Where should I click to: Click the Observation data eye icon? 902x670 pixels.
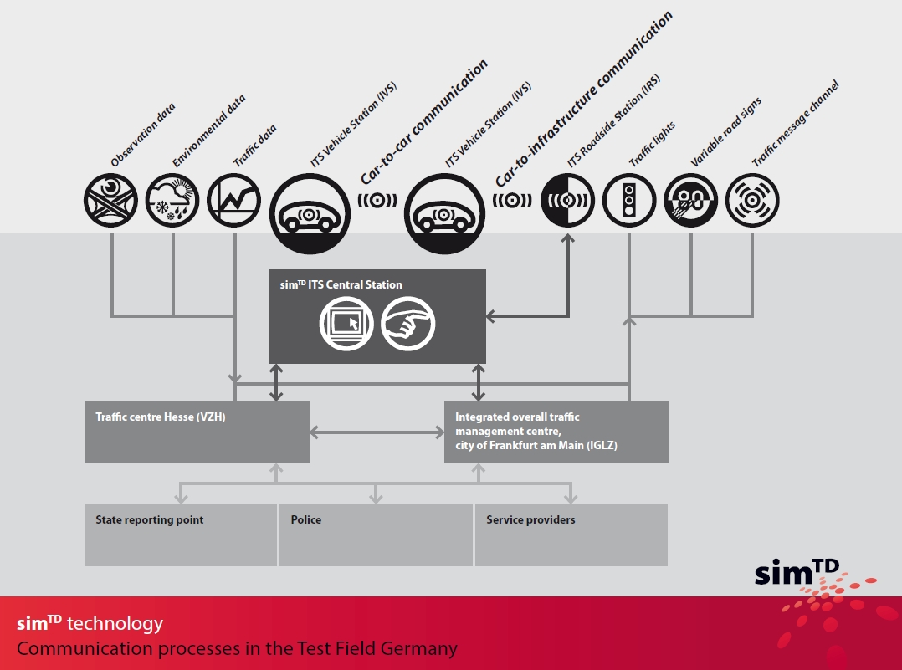pyautogui.click(x=110, y=201)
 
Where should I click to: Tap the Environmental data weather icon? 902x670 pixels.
pyautogui.click(x=172, y=201)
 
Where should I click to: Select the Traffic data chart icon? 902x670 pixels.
pyautogui.click(x=234, y=201)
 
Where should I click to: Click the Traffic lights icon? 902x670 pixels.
pyautogui.click(x=628, y=201)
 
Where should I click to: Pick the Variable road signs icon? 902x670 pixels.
pyautogui.click(x=690, y=201)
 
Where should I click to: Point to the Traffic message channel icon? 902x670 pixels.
pyautogui.click(x=752, y=201)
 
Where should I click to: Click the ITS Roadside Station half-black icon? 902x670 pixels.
pyautogui.click(x=567, y=201)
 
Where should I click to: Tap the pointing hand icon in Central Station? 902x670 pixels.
pyautogui.click(x=408, y=323)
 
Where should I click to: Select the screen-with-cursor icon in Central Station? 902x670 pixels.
pyautogui.click(x=346, y=323)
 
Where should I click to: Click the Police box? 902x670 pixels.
pyautogui.click(x=376, y=534)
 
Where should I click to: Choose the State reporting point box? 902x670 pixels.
pyautogui.click(x=181, y=534)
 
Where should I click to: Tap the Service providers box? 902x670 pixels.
pyautogui.click(x=571, y=534)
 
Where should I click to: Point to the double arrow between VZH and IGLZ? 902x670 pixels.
pyautogui.click(x=377, y=432)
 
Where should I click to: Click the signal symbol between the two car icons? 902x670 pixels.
pyautogui.click(x=377, y=201)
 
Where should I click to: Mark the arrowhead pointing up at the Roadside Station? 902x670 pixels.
pyautogui.click(x=568, y=238)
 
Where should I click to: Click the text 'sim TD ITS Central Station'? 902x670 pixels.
pyautogui.click(x=341, y=284)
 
